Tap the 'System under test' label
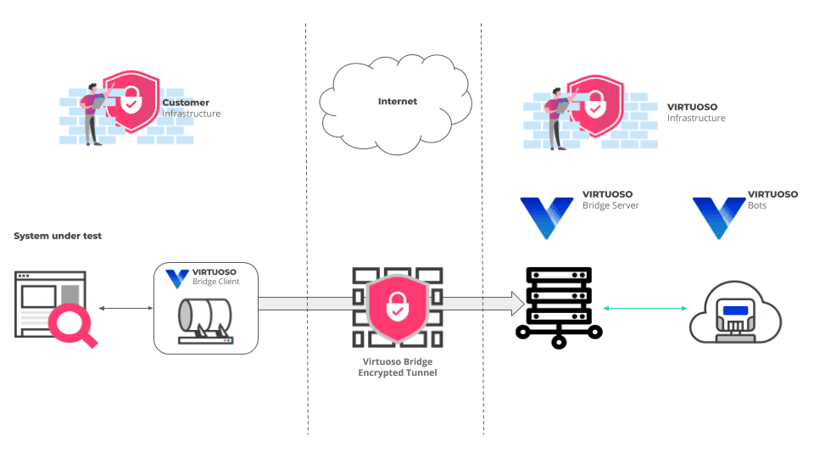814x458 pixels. [58, 236]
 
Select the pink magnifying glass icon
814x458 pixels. [70, 327]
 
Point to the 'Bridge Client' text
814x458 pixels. [215, 282]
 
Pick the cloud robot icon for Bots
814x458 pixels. [735, 315]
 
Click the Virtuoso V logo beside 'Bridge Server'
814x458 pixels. [546, 217]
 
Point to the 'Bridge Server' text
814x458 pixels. [610, 205]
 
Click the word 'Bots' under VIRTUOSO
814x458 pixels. [757, 205]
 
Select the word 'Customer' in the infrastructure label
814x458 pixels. [186, 103]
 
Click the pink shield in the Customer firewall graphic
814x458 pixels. [131, 104]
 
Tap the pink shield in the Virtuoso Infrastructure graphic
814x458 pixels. [595, 108]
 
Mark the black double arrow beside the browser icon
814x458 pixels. [119, 308]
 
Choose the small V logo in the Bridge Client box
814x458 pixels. [177, 278]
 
